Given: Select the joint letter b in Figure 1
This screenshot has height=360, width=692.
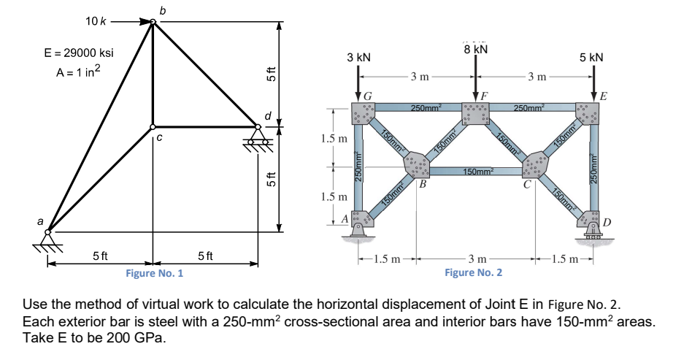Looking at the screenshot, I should [x=162, y=9].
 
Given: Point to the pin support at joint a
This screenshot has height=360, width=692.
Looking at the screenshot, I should [x=48, y=238].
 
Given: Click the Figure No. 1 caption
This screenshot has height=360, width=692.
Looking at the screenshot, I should [x=154, y=273].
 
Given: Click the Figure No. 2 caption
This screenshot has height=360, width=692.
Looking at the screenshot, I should [x=473, y=272].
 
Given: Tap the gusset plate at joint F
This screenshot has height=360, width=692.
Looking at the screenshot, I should [x=476, y=114].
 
